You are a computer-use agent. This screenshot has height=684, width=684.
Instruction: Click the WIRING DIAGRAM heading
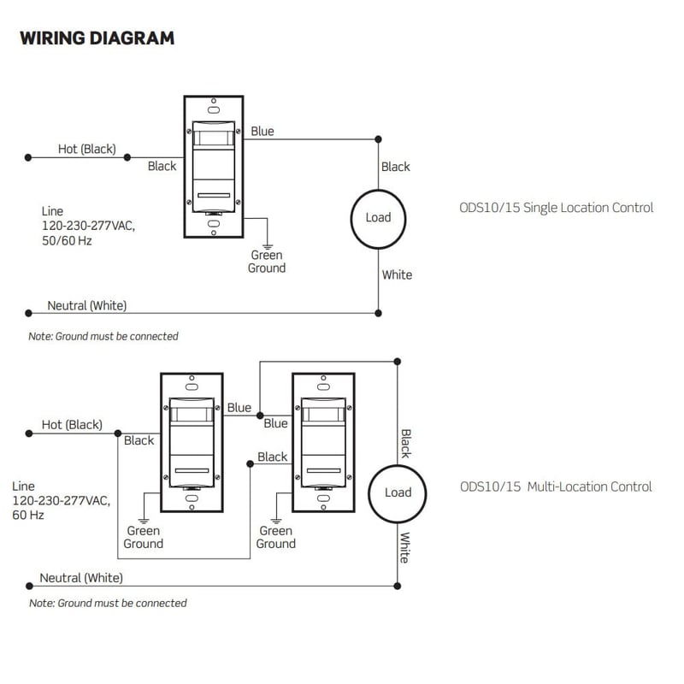(x=97, y=38)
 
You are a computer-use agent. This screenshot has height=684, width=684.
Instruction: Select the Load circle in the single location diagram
(x=378, y=217)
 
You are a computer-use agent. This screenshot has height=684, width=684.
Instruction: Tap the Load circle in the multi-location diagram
(x=398, y=492)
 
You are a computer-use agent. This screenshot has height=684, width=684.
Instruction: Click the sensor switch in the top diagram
(x=214, y=167)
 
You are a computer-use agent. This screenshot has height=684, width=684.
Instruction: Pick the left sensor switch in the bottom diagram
(x=192, y=442)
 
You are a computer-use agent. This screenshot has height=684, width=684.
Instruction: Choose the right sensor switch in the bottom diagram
(x=323, y=442)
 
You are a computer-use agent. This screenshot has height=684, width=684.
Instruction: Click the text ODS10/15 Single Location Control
(x=556, y=208)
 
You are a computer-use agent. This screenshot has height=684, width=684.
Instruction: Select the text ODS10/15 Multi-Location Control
(x=556, y=487)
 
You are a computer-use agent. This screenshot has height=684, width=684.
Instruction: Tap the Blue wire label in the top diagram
(x=262, y=132)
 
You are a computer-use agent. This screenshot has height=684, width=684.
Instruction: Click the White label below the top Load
(x=397, y=274)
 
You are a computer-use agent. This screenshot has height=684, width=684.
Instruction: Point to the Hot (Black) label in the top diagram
(x=86, y=150)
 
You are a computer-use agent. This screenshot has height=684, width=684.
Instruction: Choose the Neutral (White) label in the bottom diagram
(x=81, y=578)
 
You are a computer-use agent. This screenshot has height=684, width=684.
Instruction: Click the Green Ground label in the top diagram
(x=267, y=262)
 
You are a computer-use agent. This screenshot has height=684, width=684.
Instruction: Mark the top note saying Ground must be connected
(x=103, y=337)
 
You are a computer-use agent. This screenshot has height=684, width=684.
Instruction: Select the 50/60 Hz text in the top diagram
(x=66, y=241)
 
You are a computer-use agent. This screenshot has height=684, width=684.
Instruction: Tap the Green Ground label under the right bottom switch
(x=276, y=537)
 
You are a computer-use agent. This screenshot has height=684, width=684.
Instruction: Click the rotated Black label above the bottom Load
(x=405, y=444)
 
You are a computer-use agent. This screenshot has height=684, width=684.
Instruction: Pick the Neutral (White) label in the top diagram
(x=87, y=305)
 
